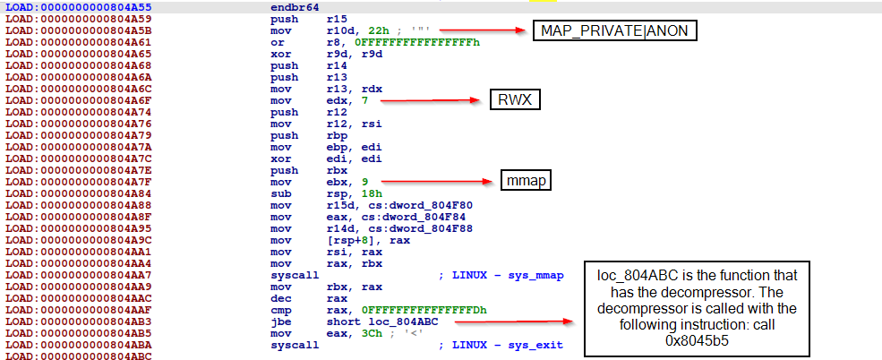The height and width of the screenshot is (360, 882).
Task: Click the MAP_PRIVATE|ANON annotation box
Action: (x=615, y=31)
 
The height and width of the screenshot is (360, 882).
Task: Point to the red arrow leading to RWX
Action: (x=431, y=100)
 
